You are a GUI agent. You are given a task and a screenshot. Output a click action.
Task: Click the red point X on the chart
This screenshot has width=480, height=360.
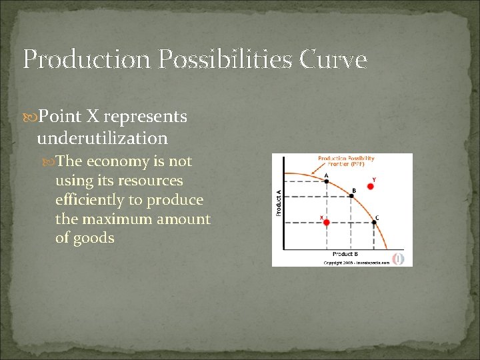coord(327,223)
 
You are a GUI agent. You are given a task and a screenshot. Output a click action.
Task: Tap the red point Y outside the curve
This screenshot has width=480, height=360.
coord(371,186)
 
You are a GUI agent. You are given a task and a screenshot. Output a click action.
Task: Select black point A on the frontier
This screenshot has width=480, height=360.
coord(326,181)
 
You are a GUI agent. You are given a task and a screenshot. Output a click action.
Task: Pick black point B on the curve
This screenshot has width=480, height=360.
coord(353,195)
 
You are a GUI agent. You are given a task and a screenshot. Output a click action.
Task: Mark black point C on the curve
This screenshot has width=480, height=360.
coord(373,223)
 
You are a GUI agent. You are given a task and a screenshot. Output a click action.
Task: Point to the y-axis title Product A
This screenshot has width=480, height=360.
coord(278,202)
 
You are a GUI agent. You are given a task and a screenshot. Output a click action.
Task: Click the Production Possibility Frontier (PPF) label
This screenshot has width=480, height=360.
coord(346,162)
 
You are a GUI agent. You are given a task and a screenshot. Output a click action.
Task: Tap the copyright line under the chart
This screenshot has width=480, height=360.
coord(356,263)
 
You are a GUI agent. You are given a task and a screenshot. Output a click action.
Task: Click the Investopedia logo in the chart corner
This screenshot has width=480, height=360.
coord(399,259)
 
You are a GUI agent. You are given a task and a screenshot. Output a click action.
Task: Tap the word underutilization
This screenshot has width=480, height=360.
coord(102,138)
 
